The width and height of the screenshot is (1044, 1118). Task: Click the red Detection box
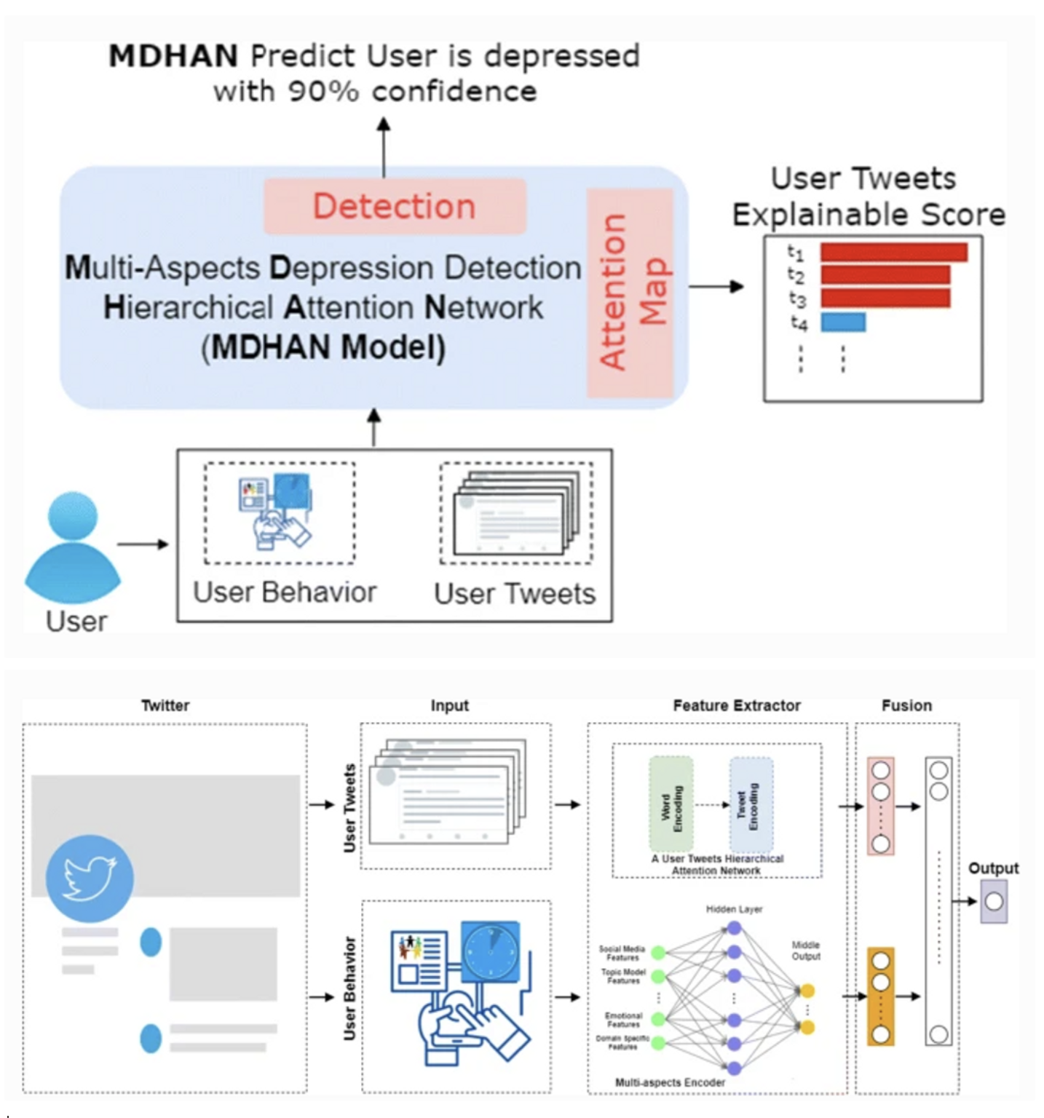coord(395,206)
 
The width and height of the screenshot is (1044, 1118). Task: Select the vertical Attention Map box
coord(630,293)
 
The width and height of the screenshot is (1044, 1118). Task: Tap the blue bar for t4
coord(843,322)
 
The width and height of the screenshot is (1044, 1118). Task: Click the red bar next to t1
coord(893,252)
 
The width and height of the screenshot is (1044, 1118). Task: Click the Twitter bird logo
coord(90,878)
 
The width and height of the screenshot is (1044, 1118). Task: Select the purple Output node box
coord(994,902)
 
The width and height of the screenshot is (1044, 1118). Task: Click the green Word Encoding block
coord(671,804)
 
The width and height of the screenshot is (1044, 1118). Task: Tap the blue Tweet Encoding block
coord(751,804)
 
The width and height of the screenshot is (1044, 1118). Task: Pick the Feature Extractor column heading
coord(736,705)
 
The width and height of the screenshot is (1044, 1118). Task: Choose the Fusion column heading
coord(906,705)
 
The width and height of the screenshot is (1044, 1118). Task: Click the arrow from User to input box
coord(143,544)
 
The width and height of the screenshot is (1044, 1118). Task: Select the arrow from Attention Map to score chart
coord(716,286)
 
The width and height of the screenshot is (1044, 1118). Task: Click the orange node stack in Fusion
coord(881,996)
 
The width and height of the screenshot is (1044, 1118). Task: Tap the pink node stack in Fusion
coord(881,806)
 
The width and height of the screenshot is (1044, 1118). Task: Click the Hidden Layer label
coord(734,909)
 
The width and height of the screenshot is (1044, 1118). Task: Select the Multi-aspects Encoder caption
coord(670,1082)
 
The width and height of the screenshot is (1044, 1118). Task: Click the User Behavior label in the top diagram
coord(285,592)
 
